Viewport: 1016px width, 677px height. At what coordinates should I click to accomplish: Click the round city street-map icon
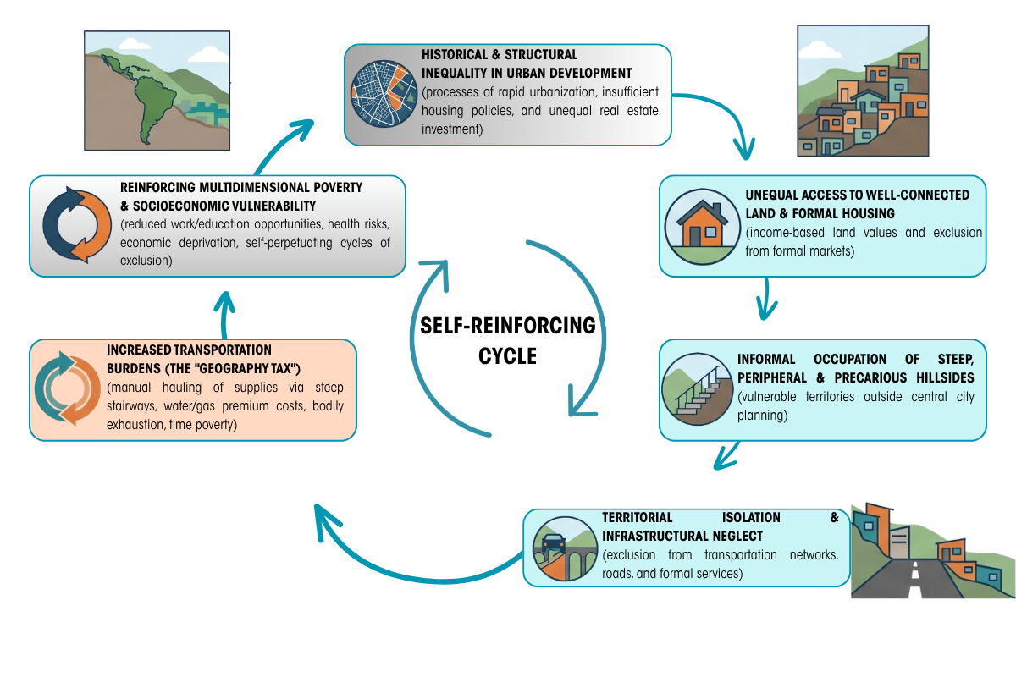[x=384, y=94]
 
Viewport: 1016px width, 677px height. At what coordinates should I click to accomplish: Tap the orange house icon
[x=703, y=227]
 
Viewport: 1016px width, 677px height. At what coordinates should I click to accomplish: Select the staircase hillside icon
[x=697, y=389]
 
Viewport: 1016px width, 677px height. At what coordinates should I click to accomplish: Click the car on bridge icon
[x=565, y=548]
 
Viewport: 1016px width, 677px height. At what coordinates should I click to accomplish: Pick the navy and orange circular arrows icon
[x=77, y=225]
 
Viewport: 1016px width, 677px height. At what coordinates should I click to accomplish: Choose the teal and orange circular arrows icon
[x=68, y=388]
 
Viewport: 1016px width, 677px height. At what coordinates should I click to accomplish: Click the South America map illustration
[x=157, y=91]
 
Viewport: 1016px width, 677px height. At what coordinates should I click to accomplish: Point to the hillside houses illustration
[x=863, y=91]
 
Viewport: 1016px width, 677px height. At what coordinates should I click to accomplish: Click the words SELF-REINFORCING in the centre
[x=507, y=326]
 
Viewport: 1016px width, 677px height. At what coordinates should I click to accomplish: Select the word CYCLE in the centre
[x=507, y=356]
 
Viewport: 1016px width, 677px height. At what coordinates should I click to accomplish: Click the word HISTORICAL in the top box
[x=455, y=54]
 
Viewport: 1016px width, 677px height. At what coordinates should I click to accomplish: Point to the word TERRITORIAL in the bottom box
[x=638, y=517]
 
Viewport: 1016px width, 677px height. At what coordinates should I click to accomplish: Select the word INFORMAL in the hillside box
[x=766, y=359]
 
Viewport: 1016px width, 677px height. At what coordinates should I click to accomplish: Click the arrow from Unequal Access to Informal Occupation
[x=766, y=299]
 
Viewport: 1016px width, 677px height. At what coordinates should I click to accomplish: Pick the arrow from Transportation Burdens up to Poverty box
[x=224, y=315]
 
